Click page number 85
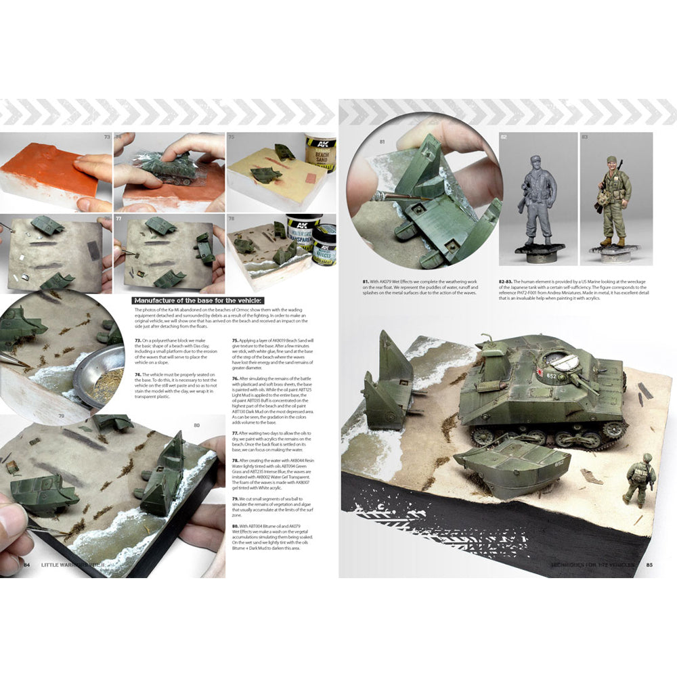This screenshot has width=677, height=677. (649, 565)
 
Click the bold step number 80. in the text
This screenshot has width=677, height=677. (236, 525)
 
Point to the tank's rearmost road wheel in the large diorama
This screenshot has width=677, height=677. (483, 436)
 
